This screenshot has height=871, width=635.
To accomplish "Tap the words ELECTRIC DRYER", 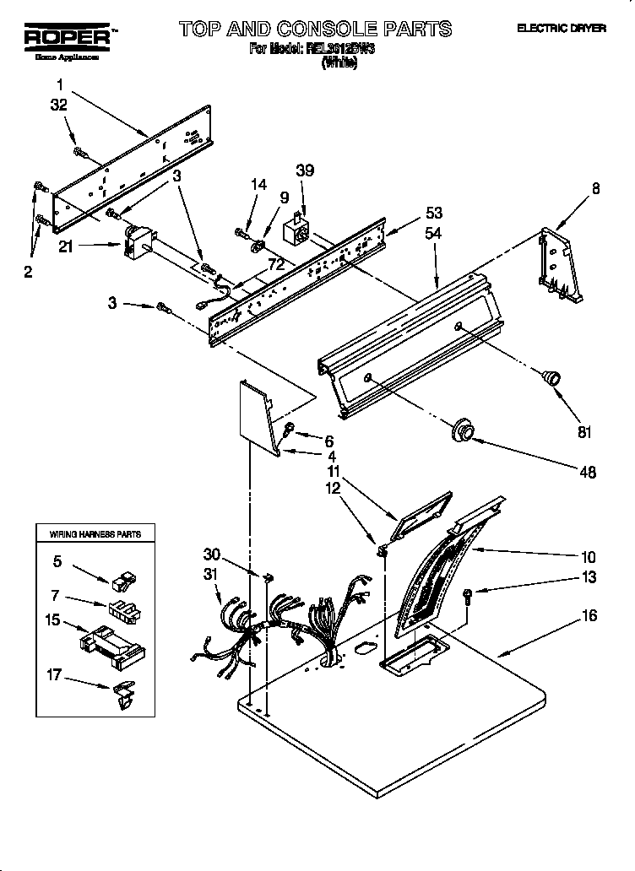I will click(562, 29).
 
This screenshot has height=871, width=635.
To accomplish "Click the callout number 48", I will click(588, 473).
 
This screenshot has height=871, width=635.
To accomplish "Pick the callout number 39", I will click(304, 170).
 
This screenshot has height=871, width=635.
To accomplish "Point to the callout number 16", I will click(589, 616).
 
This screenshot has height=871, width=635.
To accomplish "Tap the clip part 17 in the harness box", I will click(122, 693).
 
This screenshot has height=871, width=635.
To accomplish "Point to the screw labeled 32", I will click(82, 152).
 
